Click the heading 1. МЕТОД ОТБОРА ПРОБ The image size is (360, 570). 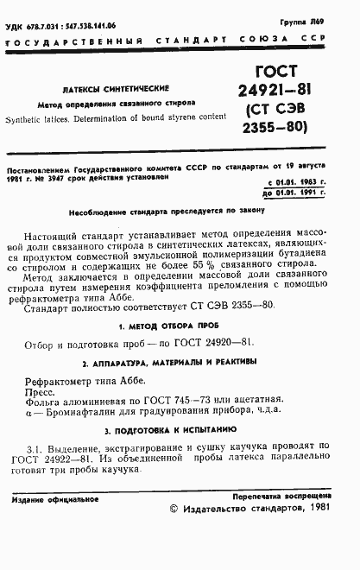click(x=169, y=326)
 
